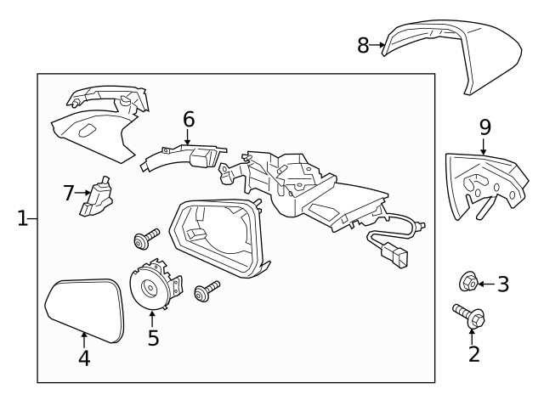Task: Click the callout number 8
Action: point(363,45)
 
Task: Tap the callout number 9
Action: point(484,127)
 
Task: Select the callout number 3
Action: point(503,285)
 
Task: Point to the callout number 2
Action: point(473,352)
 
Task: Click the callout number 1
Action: point(23,219)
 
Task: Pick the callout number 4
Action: point(83,358)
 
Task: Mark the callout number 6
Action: point(188,120)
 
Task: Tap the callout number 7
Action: point(69,193)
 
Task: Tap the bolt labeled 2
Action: point(470,318)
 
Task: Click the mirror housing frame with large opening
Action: point(216,237)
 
